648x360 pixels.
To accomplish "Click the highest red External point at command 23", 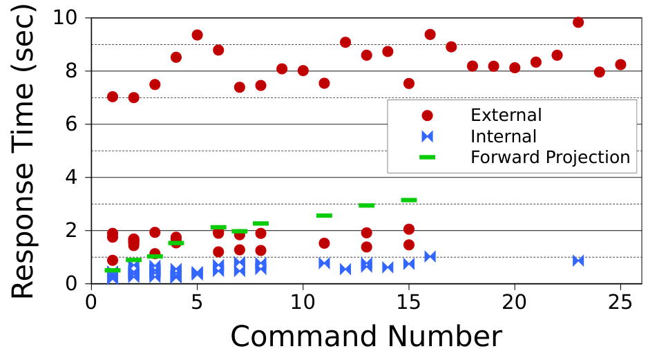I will (578, 22).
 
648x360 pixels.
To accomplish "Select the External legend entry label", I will (506, 115).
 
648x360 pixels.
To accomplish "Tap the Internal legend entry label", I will (504, 136).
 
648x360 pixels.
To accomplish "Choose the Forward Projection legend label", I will (550, 158).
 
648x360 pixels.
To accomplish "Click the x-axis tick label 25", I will (620, 302).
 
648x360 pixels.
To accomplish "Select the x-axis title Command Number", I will (366, 336).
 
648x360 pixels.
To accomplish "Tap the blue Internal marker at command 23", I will (578, 260).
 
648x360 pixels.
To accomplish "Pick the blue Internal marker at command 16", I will (430, 256).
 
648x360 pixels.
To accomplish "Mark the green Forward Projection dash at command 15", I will (409, 200).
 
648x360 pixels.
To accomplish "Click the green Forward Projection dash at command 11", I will (324, 216).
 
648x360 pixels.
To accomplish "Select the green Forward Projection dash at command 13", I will (366, 205).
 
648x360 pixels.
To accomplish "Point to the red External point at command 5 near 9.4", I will (197, 35).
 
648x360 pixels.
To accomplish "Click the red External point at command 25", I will (620, 64).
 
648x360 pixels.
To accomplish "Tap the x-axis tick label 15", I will (408, 302).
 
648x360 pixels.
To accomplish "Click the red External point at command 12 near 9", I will (345, 42).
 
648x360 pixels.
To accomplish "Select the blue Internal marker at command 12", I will (345, 269).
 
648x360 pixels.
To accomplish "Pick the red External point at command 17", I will (451, 47).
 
